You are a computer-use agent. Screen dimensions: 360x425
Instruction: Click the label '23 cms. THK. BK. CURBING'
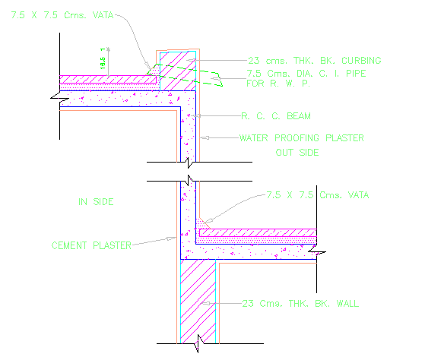[x=314, y=60]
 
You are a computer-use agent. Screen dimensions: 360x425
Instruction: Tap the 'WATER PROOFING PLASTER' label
[x=301, y=138]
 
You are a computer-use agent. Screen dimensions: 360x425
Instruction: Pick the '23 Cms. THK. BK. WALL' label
[x=299, y=304]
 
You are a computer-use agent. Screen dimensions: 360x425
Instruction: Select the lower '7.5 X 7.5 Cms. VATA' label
[x=317, y=195]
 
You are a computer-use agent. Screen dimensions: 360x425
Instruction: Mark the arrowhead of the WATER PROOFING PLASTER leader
[x=200, y=138]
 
